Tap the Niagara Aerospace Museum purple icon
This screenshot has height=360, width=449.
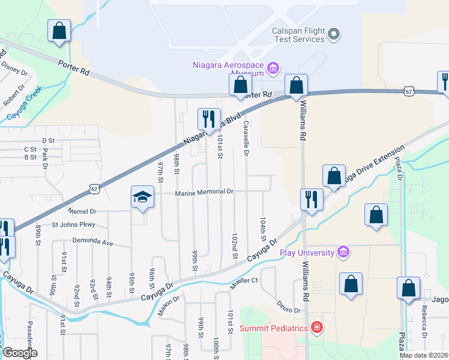click(273, 67)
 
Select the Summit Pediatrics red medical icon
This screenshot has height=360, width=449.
click(317, 328)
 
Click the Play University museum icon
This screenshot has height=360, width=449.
click(343, 251)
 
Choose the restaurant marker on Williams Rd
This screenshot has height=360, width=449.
click(311, 199)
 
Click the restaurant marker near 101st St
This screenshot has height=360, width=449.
click(208, 119)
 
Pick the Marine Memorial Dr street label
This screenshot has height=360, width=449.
click(203, 193)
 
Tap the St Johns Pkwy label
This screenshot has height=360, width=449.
click(73, 225)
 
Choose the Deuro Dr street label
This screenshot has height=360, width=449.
click(289, 310)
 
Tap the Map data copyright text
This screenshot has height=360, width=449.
click(424, 355)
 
